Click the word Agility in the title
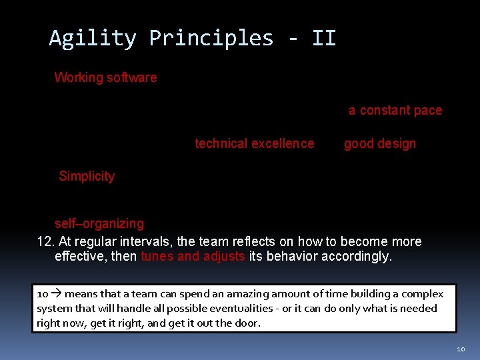point(93,39)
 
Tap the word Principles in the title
point(211,39)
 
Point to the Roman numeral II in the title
point(324,39)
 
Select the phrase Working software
point(105,77)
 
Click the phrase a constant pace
point(395,111)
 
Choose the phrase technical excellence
point(254,143)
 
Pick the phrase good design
point(380,143)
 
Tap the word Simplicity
point(87,176)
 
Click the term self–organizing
point(99,223)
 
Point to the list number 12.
point(45,241)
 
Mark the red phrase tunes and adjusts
point(193,257)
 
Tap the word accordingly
point(357,257)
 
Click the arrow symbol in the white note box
point(56,294)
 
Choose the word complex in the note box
point(424,294)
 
